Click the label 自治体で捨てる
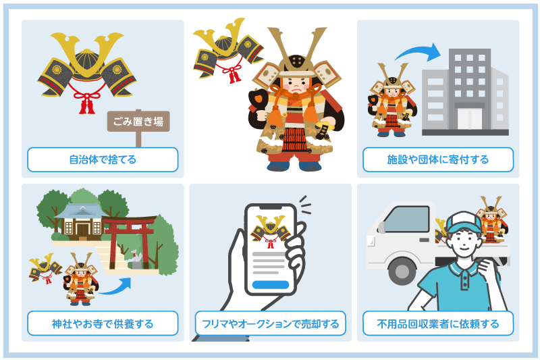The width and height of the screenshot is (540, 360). (103, 160)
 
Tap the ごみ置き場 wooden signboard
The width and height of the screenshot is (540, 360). (138, 122)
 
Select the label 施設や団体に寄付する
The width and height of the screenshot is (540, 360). (438, 160)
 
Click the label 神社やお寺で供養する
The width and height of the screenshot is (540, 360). (103, 324)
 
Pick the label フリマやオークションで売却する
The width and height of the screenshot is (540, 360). (270, 324)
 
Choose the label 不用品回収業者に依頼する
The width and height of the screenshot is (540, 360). (438, 324)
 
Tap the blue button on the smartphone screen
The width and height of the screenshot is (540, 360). (269, 284)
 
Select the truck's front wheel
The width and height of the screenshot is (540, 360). (402, 271)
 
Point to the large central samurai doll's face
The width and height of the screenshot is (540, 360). (294, 85)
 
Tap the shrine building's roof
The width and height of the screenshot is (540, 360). (80, 211)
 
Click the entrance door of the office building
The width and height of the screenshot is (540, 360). (470, 118)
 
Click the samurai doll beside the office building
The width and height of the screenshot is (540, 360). (391, 101)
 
